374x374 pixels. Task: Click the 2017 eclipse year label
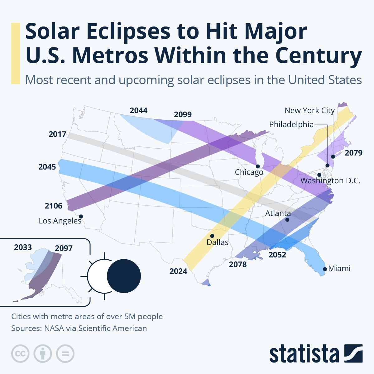(57, 134)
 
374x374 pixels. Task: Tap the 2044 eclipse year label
(138, 111)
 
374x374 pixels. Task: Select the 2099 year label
(183, 115)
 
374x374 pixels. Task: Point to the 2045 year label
(47, 167)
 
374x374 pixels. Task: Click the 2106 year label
(53, 206)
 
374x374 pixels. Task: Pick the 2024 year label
(178, 271)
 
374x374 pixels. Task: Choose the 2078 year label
(237, 265)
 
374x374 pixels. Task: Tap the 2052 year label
(277, 255)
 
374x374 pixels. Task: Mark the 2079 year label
(353, 153)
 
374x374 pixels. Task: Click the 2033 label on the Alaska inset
(23, 247)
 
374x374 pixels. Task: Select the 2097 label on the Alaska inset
(64, 248)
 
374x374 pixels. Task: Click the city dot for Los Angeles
(81, 216)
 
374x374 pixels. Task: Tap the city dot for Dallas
(212, 236)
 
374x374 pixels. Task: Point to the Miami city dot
(325, 269)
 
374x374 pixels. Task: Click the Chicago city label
(249, 172)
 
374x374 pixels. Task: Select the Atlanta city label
(278, 213)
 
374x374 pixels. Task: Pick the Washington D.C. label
(330, 181)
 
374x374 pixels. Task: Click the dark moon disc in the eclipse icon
(124, 276)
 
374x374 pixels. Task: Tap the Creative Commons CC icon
(20, 354)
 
